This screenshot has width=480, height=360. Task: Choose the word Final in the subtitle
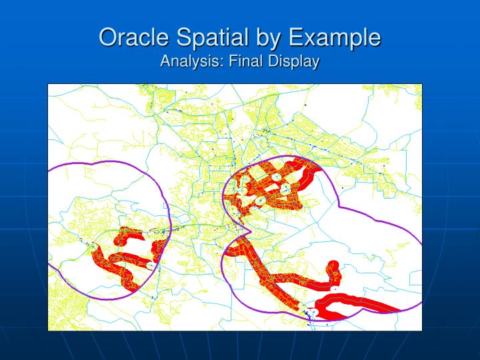click(x=244, y=61)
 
